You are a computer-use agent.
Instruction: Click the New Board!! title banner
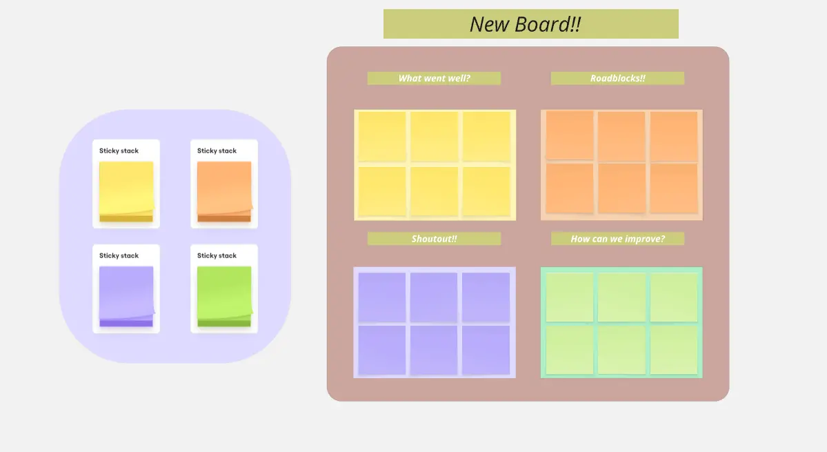pyautogui.click(x=530, y=24)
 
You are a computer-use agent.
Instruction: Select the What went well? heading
pyautogui.click(x=434, y=78)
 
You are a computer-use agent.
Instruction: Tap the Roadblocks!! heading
pyautogui.click(x=617, y=78)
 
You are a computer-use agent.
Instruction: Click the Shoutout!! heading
pyautogui.click(x=434, y=239)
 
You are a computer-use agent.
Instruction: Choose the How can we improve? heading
pyautogui.click(x=617, y=239)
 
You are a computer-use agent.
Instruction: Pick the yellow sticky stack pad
pyautogui.click(x=126, y=191)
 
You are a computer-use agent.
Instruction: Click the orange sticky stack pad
pyautogui.click(x=224, y=191)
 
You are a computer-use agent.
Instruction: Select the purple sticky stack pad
pyautogui.click(x=126, y=296)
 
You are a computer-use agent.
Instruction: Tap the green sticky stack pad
pyautogui.click(x=224, y=296)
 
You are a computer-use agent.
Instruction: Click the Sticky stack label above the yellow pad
pyautogui.click(x=119, y=150)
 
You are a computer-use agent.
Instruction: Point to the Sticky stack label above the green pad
pyautogui.click(x=217, y=255)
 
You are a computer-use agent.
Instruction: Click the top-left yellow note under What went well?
pyautogui.click(x=382, y=137)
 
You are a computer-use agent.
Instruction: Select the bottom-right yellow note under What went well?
pyautogui.click(x=486, y=191)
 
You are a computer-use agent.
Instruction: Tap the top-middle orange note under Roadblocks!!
pyautogui.click(x=621, y=136)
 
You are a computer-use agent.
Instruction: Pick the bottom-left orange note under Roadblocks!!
pyautogui.click(x=570, y=188)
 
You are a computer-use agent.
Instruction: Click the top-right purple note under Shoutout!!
pyautogui.click(x=486, y=297)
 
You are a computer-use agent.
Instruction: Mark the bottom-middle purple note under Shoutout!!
pyautogui.click(x=434, y=350)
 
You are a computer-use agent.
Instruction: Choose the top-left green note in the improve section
pyautogui.click(x=570, y=297)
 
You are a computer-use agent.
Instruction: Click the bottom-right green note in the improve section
pyautogui.click(x=674, y=350)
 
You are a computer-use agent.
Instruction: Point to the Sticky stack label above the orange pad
pyautogui.click(x=217, y=150)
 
